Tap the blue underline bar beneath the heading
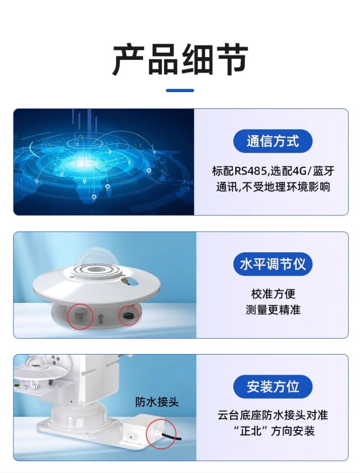tap(180, 91)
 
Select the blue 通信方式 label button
tap(273, 141)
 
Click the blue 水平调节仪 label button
tap(273, 264)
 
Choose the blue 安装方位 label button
tap(273, 387)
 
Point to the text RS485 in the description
tap(251, 171)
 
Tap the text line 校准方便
tap(273, 294)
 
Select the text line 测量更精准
tap(273, 310)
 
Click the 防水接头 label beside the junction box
tap(157, 402)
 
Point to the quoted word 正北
tap(251, 431)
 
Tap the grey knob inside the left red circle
tap(79, 315)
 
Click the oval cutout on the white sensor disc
tap(130, 282)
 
